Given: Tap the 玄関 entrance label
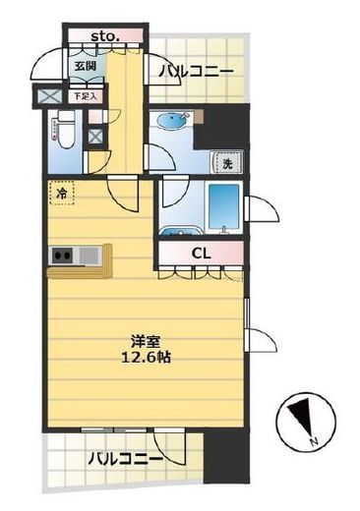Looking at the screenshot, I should pyautogui.click(x=85, y=66).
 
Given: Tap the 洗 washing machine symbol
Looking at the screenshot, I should pyautogui.click(x=226, y=162).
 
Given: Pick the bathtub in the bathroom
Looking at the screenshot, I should pyautogui.click(x=223, y=206).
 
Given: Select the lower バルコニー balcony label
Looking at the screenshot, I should pyautogui.click(x=124, y=459).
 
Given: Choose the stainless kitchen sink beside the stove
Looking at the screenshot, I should pyautogui.click(x=90, y=257).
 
